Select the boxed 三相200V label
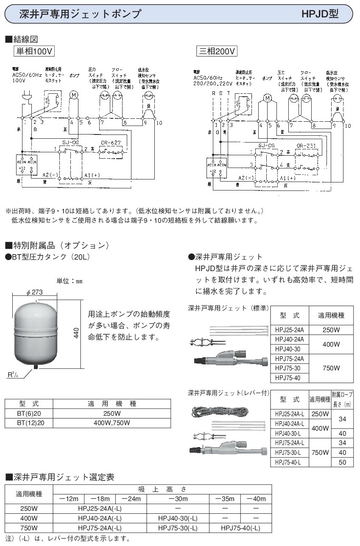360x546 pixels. pyautogui.click(x=216, y=51)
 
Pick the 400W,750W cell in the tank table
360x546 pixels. pyautogui.click(x=112, y=423)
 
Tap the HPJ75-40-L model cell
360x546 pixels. pyautogui.click(x=289, y=462)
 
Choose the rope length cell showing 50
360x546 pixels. pyautogui.click(x=343, y=462)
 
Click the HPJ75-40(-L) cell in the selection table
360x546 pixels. pyautogui.click(x=240, y=528)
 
